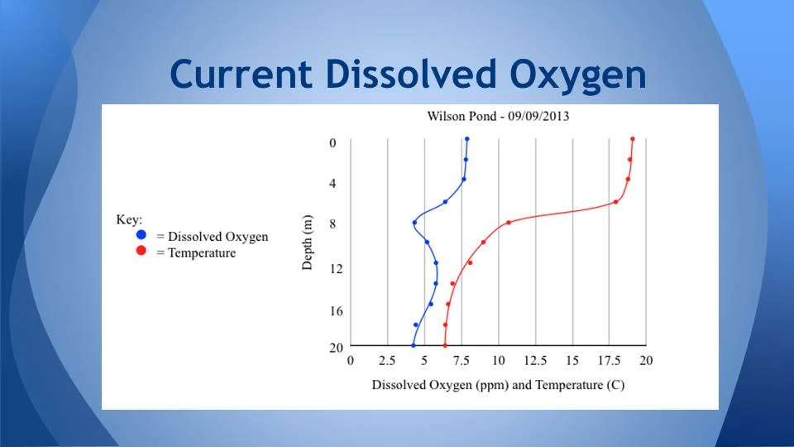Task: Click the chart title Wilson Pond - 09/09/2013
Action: point(498,116)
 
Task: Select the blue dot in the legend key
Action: point(141,236)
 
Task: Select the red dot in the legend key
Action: point(141,252)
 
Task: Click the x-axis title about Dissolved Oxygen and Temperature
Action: point(498,385)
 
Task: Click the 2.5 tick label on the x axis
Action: point(386,361)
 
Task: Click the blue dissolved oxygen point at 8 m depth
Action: point(414,222)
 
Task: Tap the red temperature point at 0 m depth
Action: point(633,139)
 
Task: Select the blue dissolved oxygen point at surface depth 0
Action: point(467,139)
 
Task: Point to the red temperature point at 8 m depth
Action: point(509,222)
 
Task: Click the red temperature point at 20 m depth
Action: point(445,345)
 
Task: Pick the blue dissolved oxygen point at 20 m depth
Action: point(414,345)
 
